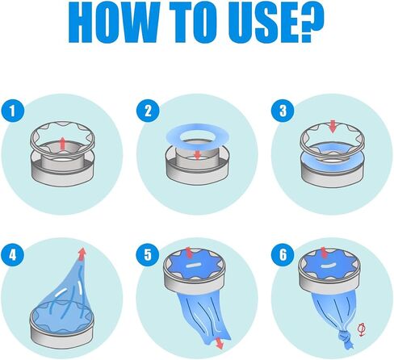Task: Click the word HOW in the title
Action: (114, 22)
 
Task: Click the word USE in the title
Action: (263, 22)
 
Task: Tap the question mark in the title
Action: (312, 22)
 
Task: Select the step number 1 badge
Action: (13, 111)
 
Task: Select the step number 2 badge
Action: (148, 111)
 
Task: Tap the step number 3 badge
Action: (283, 111)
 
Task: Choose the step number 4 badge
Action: (13, 254)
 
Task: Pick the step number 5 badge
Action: (148, 254)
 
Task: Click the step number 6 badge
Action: (283, 254)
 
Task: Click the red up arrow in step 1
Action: (62, 143)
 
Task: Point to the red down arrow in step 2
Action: (198, 155)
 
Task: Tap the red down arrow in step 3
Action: (333, 127)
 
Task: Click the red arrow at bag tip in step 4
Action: (82, 254)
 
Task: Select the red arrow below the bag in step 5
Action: (220, 344)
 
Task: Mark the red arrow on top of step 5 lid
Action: (189, 253)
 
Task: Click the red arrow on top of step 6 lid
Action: (325, 252)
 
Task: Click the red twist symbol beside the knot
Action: (362, 330)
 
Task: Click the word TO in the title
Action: (193, 22)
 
